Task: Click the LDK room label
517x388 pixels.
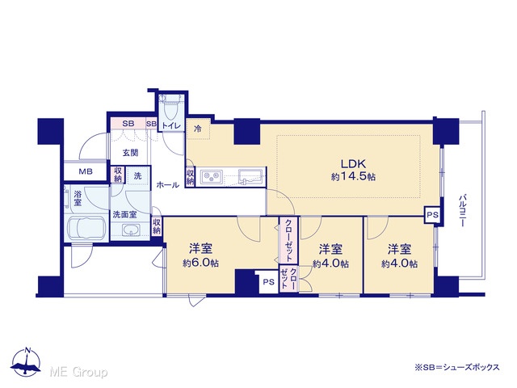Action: click(x=353, y=163)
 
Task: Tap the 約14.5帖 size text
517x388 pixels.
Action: click(x=353, y=177)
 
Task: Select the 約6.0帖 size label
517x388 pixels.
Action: click(x=200, y=263)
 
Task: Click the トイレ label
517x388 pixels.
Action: click(x=171, y=126)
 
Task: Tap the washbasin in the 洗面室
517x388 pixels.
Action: click(x=131, y=230)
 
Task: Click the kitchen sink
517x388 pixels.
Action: click(x=250, y=178)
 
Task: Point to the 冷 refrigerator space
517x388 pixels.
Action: click(x=198, y=129)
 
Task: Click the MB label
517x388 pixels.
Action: click(x=86, y=171)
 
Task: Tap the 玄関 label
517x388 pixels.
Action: click(x=130, y=153)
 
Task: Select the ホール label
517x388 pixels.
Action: click(x=167, y=185)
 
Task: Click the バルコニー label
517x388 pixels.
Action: click(x=462, y=210)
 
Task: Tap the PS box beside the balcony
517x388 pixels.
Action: click(x=432, y=215)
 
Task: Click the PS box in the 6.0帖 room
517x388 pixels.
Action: click(x=268, y=282)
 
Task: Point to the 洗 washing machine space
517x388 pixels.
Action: click(x=137, y=176)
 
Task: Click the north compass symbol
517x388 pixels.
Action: click(x=26, y=362)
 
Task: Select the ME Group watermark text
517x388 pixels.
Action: click(x=78, y=373)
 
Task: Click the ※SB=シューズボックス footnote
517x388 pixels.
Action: click(x=457, y=367)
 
